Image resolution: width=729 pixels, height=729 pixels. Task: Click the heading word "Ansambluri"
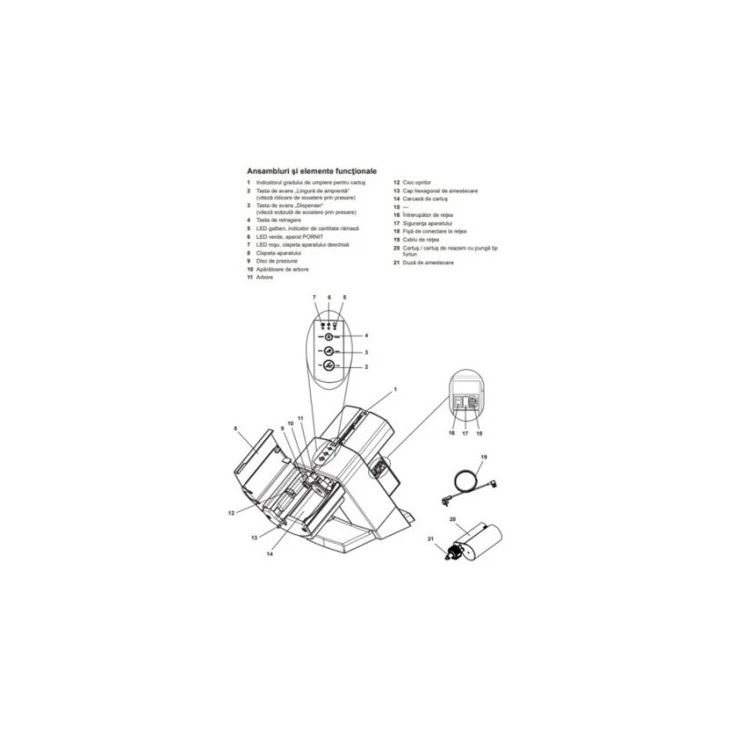(x=271, y=169)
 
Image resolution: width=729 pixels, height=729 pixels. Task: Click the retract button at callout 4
(x=328, y=335)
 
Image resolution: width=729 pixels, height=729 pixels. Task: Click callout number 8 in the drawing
(x=235, y=427)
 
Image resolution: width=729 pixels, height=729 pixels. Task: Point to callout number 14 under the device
(x=270, y=553)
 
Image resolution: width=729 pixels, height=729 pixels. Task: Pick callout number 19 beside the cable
(x=485, y=455)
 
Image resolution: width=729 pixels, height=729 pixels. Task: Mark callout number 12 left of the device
(x=231, y=513)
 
